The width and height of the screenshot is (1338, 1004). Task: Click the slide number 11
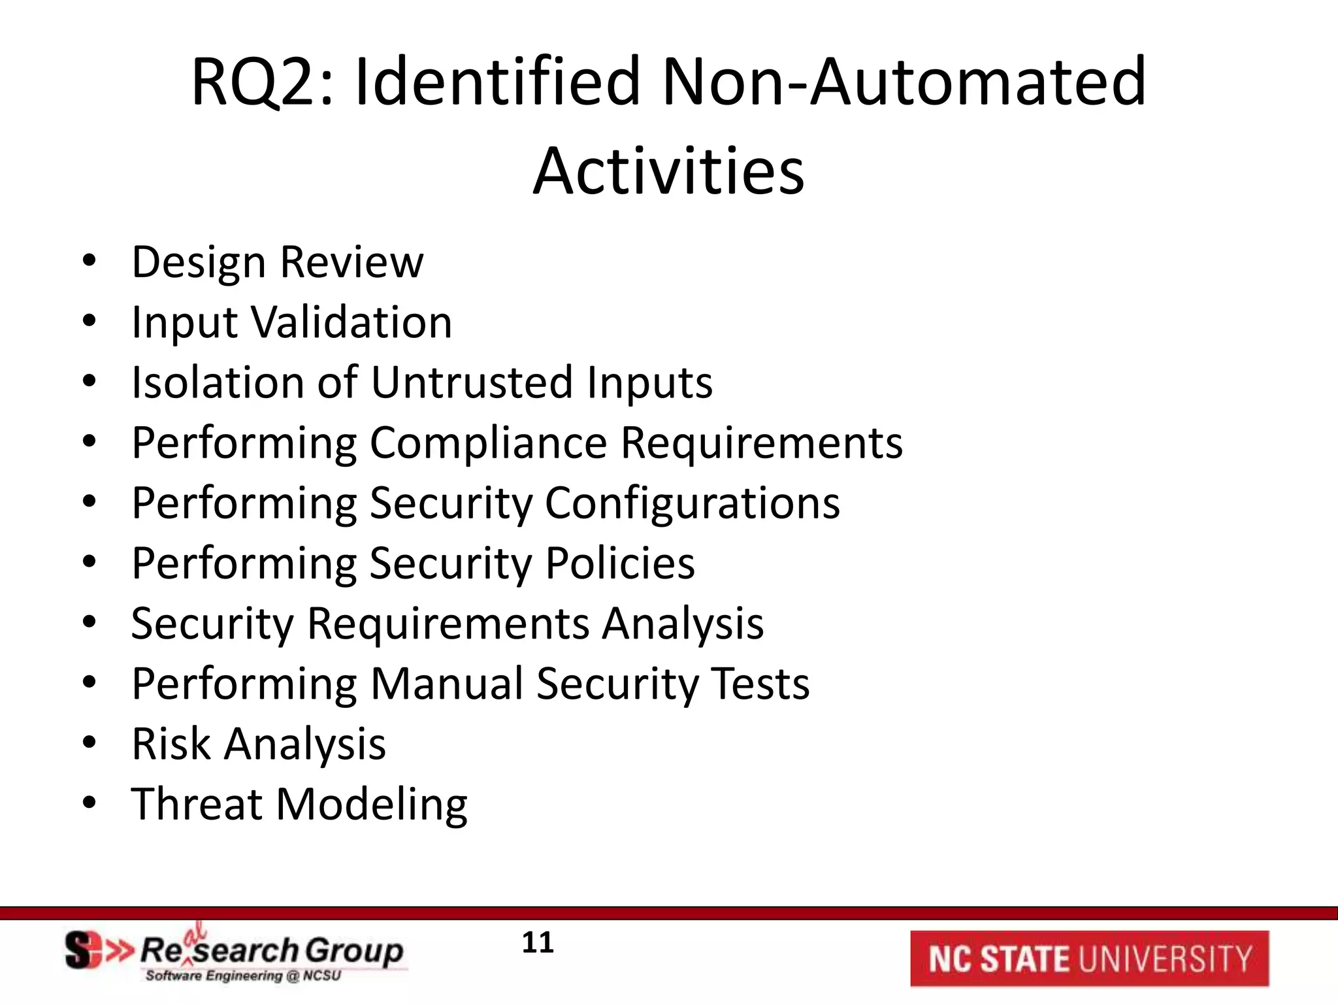(x=538, y=943)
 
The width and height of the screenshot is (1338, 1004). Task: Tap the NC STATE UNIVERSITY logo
(x=1089, y=958)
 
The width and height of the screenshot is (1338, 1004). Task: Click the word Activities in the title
(x=668, y=171)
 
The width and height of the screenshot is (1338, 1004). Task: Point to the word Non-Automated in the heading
(x=904, y=82)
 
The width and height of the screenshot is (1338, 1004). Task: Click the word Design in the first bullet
(x=199, y=263)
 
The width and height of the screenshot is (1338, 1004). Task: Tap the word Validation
(x=352, y=322)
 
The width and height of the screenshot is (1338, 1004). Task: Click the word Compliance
(x=489, y=443)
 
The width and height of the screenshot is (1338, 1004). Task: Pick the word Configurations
(x=693, y=504)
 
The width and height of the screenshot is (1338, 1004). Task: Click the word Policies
(x=620, y=563)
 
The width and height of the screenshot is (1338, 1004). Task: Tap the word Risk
(x=171, y=744)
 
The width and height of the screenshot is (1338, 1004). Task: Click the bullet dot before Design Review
(x=90, y=261)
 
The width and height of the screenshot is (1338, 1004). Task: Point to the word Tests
(x=760, y=684)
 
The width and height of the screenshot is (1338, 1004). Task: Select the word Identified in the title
(x=497, y=82)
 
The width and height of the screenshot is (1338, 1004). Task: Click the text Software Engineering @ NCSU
(x=243, y=976)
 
